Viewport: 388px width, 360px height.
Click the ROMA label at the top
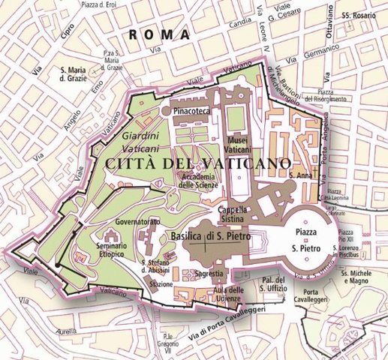point(157,34)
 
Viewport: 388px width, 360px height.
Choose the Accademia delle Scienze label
point(199,181)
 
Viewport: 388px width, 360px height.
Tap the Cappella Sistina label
point(232,215)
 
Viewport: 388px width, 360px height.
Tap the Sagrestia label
point(208,274)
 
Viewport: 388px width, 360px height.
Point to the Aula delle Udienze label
point(225,295)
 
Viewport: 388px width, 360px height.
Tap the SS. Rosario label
point(357,15)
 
